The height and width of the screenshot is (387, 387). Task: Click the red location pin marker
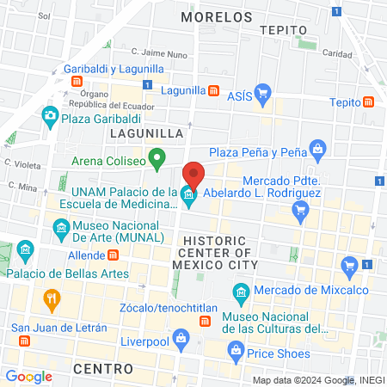click(x=193, y=175)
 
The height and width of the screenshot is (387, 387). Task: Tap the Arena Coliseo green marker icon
click(x=157, y=158)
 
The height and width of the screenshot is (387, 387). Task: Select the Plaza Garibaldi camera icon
click(x=51, y=115)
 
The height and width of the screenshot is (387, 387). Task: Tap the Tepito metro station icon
click(x=369, y=101)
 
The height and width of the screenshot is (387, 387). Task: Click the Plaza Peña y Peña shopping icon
click(x=317, y=149)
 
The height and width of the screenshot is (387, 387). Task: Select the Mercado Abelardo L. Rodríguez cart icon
click(x=300, y=209)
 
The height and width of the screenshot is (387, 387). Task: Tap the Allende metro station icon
click(x=113, y=255)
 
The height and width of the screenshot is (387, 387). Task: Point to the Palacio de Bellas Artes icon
click(x=25, y=252)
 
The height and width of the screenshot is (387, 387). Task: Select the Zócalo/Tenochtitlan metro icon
click(x=205, y=321)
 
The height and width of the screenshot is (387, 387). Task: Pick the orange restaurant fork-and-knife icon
click(x=51, y=301)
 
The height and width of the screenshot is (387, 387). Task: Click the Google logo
click(x=28, y=377)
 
